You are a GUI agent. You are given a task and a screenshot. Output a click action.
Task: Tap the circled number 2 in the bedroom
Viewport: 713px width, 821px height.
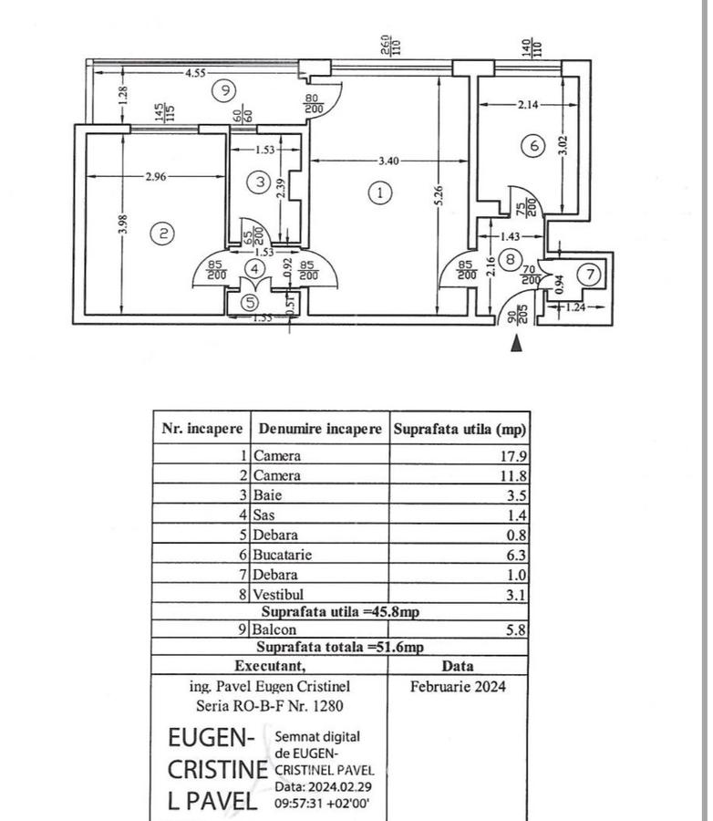click(x=162, y=234)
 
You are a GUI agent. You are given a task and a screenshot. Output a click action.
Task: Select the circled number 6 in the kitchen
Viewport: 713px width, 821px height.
click(x=533, y=144)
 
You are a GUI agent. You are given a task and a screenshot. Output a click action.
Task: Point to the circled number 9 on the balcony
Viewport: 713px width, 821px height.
click(x=222, y=89)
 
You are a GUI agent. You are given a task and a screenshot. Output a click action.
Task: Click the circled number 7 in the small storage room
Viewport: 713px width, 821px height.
click(x=590, y=273)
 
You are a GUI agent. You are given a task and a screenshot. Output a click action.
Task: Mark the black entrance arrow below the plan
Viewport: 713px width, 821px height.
click(x=517, y=343)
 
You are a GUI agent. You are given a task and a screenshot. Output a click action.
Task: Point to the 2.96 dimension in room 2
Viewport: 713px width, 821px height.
click(x=156, y=177)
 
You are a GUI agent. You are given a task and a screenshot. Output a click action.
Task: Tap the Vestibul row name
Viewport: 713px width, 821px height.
click(x=280, y=595)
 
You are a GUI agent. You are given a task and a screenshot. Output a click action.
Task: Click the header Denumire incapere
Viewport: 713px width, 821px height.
click(x=320, y=428)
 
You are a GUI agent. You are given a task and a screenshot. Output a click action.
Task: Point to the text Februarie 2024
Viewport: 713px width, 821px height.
click(x=457, y=686)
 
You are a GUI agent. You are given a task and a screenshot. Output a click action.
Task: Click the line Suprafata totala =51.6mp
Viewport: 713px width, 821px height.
click(x=339, y=647)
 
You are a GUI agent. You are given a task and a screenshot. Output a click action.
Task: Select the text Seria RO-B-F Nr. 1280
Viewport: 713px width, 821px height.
click(x=271, y=705)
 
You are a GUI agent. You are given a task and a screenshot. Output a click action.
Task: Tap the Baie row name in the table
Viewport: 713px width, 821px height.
click(x=268, y=495)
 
